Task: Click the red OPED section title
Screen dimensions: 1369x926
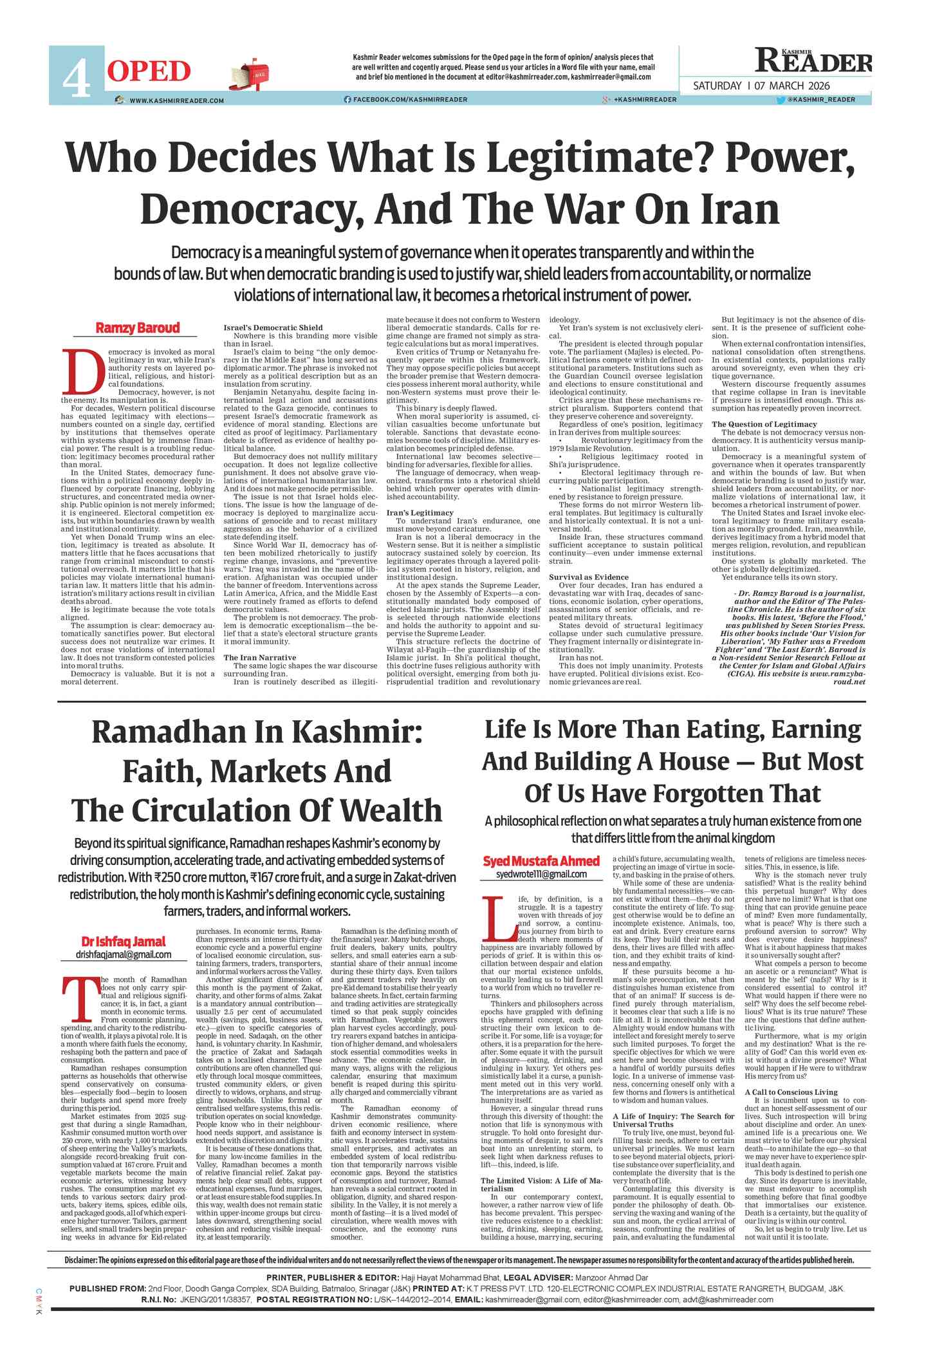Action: [x=149, y=71]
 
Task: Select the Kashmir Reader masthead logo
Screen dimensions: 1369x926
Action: [x=813, y=61]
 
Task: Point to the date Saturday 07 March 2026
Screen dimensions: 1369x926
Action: [x=761, y=86]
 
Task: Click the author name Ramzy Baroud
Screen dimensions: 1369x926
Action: [x=138, y=328]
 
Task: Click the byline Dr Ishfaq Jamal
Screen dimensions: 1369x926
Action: [x=123, y=942]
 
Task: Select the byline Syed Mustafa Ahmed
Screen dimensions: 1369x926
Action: [x=541, y=861]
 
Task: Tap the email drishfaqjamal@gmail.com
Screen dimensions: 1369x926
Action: [x=124, y=955]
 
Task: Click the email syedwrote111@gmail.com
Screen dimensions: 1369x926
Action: [x=541, y=874]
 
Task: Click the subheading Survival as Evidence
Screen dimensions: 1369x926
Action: [x=593, y=577]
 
